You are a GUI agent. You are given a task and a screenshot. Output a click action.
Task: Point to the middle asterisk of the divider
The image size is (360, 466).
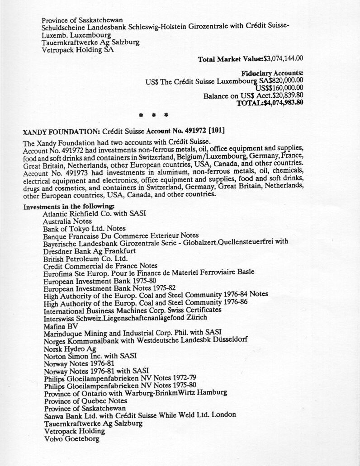click(154, 115)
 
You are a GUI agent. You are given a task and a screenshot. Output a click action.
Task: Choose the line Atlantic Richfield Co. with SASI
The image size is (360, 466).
click(94, 214)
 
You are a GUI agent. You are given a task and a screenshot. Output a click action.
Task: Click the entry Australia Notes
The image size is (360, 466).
click(67, 221)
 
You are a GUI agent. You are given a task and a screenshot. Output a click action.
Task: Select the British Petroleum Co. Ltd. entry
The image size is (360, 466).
click(85, 259)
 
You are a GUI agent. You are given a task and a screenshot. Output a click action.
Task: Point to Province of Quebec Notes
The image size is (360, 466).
click(85, 400)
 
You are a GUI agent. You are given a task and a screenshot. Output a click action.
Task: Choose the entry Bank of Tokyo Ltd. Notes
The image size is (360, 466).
click(85, 229)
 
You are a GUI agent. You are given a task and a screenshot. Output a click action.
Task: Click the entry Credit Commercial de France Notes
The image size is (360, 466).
click(100, 266)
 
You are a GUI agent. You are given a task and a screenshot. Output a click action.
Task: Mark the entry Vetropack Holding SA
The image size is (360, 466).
click(77, 50)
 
